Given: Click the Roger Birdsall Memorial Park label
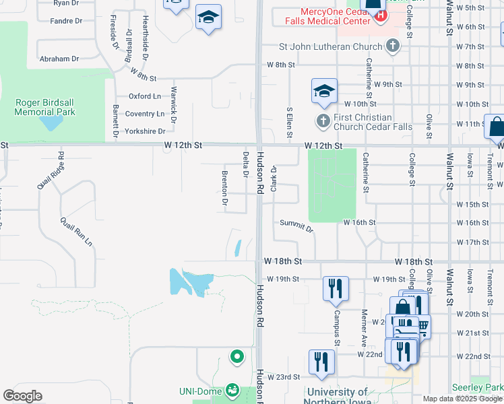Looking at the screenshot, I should click(x=45, y=107).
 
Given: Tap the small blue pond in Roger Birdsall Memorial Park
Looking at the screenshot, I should click(x=49, y=123).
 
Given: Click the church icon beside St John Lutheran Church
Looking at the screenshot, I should click(x=392, y=46).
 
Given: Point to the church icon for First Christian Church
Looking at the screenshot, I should click(x=323, y=121).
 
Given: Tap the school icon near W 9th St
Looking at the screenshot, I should click(x=324, y=91).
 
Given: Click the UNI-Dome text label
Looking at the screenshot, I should click(x=201, y=391).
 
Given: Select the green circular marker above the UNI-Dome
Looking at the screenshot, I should click(x=237, y=356).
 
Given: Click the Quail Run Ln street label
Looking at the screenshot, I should click(x=75, y=232).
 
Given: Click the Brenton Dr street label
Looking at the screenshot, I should click(x=224, y=188).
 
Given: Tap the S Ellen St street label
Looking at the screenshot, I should click(x=290, y=123).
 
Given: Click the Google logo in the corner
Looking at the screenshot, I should click(x=22, y=396).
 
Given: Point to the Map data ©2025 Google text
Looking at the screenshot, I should click(x=462, y=399).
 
